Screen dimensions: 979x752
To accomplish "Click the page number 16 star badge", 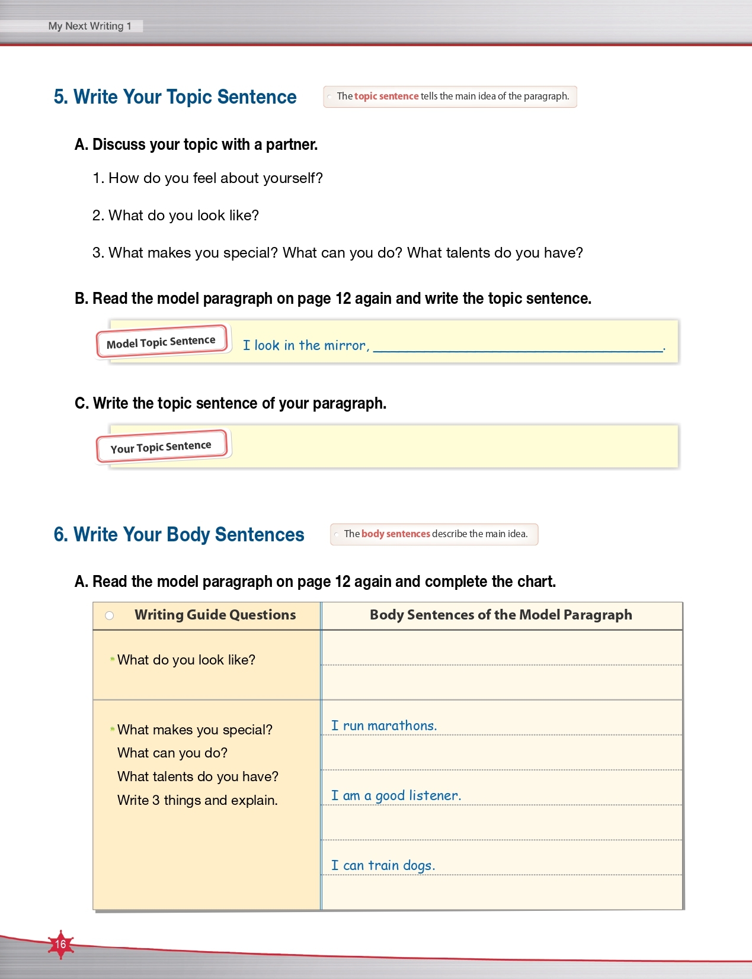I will click(x=60, y=944).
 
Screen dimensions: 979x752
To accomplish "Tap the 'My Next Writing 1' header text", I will click(x=89, y=26).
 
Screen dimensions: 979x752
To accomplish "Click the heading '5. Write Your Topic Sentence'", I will click(x=175, y=97).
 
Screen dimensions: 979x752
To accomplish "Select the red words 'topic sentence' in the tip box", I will click(x=386, y=96).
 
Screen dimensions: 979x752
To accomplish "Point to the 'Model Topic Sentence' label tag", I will click(x=161, y=342).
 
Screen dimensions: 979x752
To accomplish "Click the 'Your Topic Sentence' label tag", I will click(x=161, y=447).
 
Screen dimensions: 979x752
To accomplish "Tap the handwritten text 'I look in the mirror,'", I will click(x=306, y=345).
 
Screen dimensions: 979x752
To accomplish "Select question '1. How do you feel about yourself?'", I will click(x=207, y=178).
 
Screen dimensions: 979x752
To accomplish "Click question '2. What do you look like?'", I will click(x=175, y=216).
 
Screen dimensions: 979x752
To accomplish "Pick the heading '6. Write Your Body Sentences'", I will click(x=179, y=535).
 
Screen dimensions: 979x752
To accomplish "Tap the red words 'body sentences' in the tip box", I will click(x=395, y=534).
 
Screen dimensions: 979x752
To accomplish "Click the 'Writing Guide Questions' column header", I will click(x=215, y=615).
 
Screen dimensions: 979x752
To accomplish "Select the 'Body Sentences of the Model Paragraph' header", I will click(x=501, y=615).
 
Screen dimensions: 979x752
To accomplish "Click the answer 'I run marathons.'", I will click(x=383, y=726).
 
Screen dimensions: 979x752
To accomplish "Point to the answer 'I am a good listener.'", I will click(x=396, y=795).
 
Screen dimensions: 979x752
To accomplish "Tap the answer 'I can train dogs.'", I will click(x=383, y=865).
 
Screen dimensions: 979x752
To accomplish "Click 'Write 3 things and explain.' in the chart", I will click(x=197, y=800).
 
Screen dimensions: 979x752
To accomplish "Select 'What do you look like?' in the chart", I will click(x=186, y=660).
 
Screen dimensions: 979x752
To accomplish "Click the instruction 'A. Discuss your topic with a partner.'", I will click(x=196, y=145).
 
